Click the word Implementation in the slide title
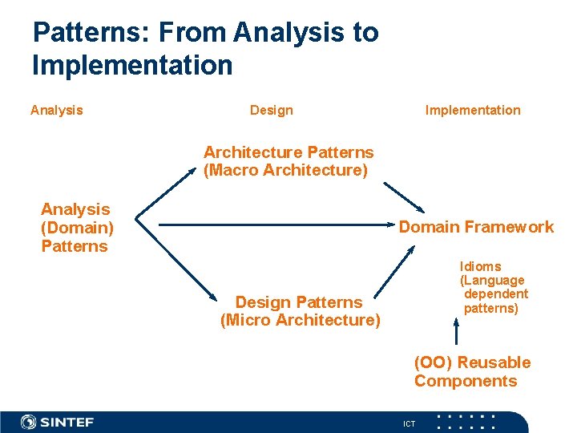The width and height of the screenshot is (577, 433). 132,65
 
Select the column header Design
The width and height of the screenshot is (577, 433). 271,111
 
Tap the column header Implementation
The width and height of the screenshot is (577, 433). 472,111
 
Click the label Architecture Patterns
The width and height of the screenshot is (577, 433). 288,152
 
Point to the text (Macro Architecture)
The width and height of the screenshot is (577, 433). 285,171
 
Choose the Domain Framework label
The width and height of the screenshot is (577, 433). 476,227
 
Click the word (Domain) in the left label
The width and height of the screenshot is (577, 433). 77,228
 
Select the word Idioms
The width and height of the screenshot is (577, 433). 480,266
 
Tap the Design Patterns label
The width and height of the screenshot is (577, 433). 299,302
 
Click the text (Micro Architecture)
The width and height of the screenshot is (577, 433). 300,321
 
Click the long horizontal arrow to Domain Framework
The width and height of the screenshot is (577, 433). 264,225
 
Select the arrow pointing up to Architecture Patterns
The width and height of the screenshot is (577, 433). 164,192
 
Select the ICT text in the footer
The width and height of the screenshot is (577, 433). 410,423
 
